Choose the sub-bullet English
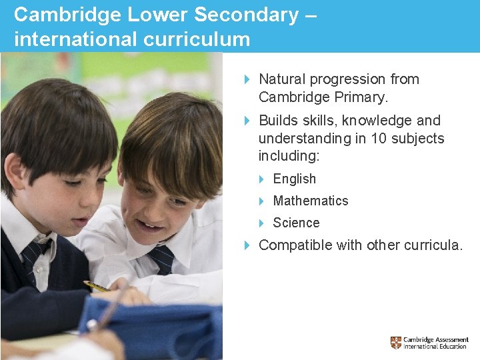[295, 179]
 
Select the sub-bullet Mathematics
[311, 201]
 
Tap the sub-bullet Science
[296, 223]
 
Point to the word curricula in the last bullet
[431, 245]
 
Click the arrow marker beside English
[262, 179]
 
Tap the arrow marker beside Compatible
[247, 245]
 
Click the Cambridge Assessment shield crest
[396, 343]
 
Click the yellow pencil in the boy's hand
[96, 287]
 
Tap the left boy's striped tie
[35, 257]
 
